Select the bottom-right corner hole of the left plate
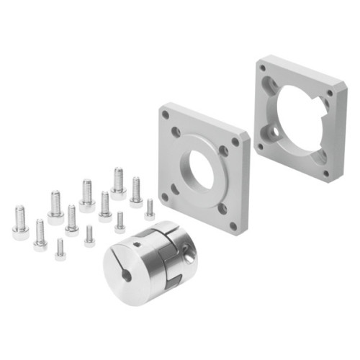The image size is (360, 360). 233,225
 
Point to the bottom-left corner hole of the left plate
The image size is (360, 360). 165,195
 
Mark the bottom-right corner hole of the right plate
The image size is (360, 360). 325,172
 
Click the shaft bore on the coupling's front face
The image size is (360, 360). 127,274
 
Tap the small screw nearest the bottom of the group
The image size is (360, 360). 60,249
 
